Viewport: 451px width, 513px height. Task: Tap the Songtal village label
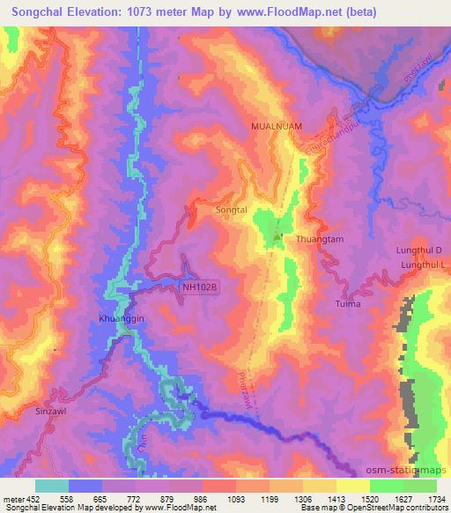232,212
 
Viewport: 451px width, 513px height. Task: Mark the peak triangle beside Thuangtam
277,236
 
